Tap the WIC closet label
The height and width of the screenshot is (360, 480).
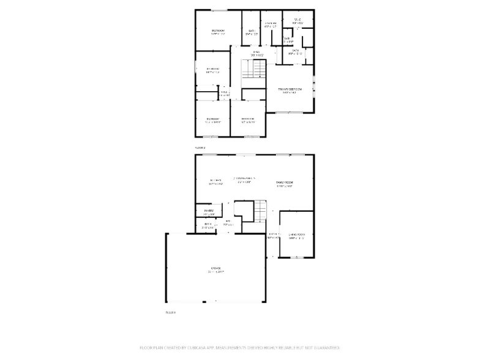click(x=298, y=20)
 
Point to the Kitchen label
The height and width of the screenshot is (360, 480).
click(x=215, y=180)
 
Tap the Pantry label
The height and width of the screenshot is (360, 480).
click(x=209, y=212)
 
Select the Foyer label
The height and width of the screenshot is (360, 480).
click(x=273, y=236)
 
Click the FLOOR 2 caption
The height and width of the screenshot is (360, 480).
click(x=200, y=148)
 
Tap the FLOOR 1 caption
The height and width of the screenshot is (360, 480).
click(x=170, y=312)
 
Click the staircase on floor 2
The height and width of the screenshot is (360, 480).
click(x=248, y=70)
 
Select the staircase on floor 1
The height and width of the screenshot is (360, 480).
click(x=260, y=212)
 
